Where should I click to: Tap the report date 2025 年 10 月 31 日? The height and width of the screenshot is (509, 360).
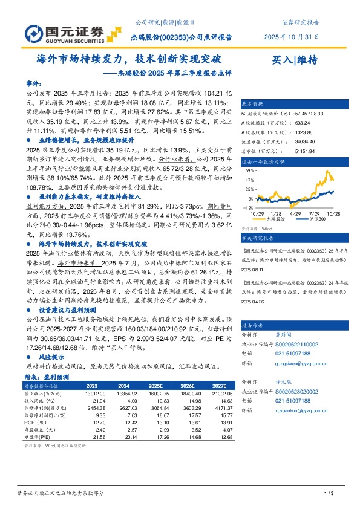292,37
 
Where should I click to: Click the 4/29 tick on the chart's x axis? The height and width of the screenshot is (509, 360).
296,213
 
